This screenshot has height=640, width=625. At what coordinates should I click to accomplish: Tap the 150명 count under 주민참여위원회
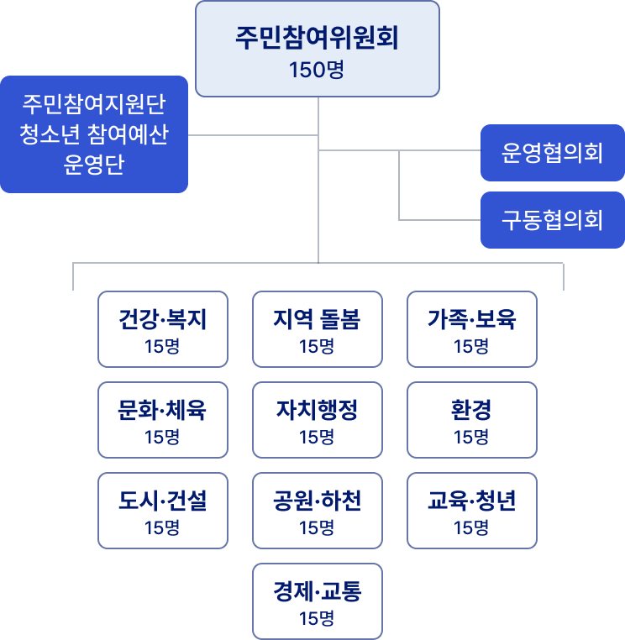pos(317,70)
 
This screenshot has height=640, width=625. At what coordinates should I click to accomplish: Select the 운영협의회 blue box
pos(552,153)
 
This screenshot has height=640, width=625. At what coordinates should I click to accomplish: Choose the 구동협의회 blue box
pos(552,220)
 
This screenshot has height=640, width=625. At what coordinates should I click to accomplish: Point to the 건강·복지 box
pos(163,329)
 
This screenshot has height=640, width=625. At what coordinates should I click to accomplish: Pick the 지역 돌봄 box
pos(317,329)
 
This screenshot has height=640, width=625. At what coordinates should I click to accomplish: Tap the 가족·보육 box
pos(471,329)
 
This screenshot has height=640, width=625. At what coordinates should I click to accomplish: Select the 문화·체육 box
pos(163,420)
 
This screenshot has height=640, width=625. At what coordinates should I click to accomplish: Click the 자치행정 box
pos(317,420)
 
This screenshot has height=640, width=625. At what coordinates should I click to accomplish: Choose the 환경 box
pos(471,420)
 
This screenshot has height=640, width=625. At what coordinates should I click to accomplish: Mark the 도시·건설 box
pos(163,511)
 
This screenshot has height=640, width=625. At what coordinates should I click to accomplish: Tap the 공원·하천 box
pos(317,511)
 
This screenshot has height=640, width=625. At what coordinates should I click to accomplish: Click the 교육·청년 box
pos(471,511)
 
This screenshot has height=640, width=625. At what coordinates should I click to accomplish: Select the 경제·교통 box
pos(317,601)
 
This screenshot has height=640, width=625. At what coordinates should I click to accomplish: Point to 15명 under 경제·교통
pos(317,619)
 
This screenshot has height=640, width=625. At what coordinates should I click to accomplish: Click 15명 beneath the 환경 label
pos(471,437)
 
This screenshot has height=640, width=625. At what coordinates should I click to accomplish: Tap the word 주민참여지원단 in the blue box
pos(93,105)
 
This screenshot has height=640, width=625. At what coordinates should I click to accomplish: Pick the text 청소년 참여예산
pos(93,134)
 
